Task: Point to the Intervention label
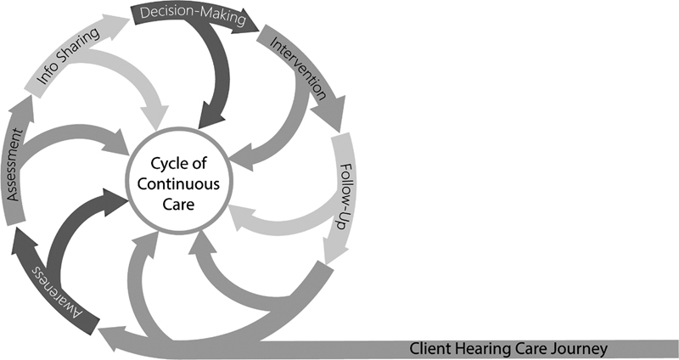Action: (297, 65)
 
